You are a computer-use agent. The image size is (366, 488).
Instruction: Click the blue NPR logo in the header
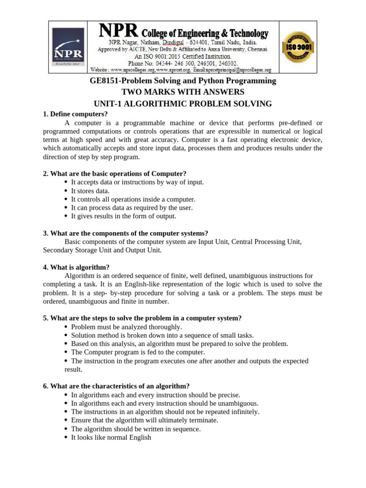click(68, 47)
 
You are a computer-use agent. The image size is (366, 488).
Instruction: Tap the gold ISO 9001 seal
click(298, 47)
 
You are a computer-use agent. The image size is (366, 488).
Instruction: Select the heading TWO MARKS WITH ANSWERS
click(183, 92)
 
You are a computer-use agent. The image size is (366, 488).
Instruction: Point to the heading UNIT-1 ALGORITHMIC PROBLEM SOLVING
click(183, 103)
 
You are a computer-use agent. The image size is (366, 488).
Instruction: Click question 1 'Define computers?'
click(75, 114)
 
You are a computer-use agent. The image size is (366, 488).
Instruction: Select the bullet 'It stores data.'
click(90, 191)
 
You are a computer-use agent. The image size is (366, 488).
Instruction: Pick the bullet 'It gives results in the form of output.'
click(123, 216)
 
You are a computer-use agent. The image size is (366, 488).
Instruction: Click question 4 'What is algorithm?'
click(76, 267)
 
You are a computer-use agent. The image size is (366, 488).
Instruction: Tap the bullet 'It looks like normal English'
click(111, 437)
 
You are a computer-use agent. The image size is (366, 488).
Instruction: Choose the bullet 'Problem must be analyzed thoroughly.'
click(126, 327)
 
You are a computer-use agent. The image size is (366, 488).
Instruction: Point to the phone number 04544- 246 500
click(167, 63)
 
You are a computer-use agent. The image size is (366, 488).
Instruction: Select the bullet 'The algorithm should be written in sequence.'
click(136, 428)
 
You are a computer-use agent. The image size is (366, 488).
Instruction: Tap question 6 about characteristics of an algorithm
click(116, 386)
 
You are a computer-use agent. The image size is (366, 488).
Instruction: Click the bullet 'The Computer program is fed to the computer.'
click(138, 352)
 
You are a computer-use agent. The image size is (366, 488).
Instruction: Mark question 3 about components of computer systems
click(125, 233)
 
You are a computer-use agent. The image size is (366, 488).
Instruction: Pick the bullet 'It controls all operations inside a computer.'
click(133, 199)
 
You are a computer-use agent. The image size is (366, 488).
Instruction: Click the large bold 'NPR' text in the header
click(119, 32)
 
